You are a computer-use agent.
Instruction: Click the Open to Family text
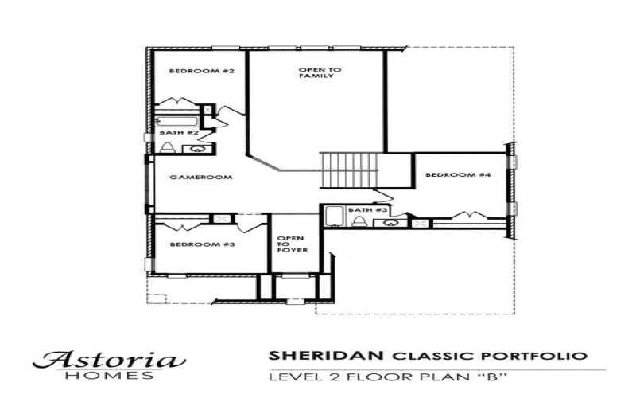point(320,73)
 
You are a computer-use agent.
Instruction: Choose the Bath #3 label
point(367,209)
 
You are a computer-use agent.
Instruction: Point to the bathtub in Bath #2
point(176,121)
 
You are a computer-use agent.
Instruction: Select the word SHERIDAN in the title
point(316,355)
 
